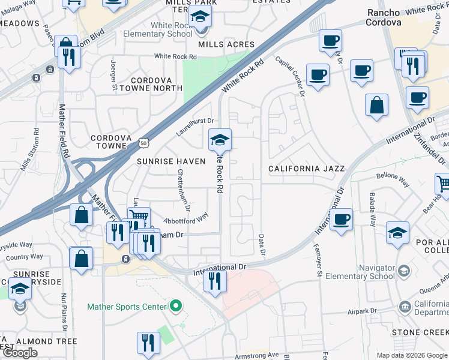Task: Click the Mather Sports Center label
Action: [x=126, y=307]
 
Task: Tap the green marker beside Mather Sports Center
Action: [x=176, y=307]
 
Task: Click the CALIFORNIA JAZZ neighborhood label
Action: [x=306, y=169]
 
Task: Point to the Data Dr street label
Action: [x=262, y=243]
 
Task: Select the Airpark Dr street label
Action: [x=363, y=312]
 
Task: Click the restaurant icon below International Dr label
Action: [x=214, y=281]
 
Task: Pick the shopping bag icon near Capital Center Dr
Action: [x=376, y=105]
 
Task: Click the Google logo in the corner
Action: [x=20, y=353]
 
